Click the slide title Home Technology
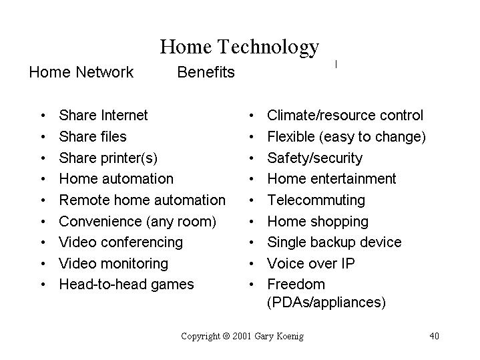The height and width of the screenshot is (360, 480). pos(240,47)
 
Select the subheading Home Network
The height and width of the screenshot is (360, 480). pos(81,72)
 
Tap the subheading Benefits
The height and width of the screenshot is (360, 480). pos(206,72)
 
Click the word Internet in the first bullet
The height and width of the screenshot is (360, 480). pos(124,115)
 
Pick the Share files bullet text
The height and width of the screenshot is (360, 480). pos(93,137)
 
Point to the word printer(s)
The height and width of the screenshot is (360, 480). pos(129,158)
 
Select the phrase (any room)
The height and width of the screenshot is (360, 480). pos(181,222)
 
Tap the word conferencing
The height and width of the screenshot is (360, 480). pos(142,242)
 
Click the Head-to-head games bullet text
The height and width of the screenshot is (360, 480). pos(126,285)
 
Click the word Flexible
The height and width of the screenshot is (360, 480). pos(291,137)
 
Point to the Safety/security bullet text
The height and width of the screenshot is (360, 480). pos(314,158)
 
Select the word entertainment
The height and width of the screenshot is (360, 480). pos(353,179)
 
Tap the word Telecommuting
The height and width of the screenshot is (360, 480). pos(316,200)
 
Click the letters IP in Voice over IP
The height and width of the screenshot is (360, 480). pos(348,264)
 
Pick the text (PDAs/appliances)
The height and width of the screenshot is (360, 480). pos(326,303)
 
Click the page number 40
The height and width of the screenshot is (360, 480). pos(434,336)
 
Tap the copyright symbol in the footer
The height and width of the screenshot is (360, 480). pos(226,336)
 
